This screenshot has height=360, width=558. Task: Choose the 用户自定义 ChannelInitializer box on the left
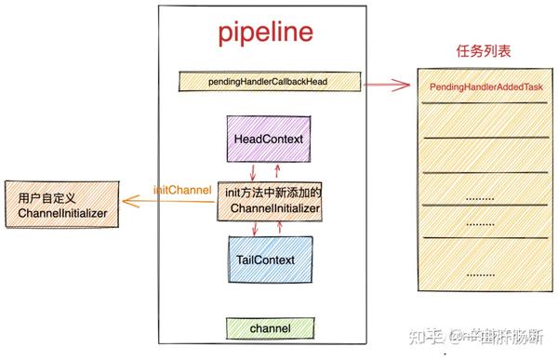[x=62, y=207]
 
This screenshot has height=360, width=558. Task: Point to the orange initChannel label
[x=182, y=190]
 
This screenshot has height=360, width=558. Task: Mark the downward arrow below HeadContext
[x=252, y=170]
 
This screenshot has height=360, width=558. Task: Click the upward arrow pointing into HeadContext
[x=277, y=169]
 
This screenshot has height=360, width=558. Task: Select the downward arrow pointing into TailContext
[x=252, y=228]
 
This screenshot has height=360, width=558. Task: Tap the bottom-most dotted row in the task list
[x=480, y=274]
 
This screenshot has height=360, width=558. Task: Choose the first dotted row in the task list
[x=480, y=198]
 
